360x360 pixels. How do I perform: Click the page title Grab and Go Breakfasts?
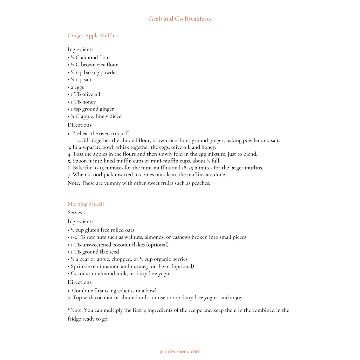pos(180,19)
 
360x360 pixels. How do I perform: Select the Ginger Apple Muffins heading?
pos(92,36)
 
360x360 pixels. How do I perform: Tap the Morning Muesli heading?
pos(86,204)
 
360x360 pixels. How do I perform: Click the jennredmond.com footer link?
pos(180,351)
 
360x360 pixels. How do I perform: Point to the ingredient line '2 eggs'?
pos(76,87)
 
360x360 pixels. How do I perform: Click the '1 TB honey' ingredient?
pos(82,102)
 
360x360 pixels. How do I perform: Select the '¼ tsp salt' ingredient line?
pos(80,80)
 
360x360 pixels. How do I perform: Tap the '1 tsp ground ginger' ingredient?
pos(91,109)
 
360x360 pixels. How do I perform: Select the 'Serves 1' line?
pos(76,212)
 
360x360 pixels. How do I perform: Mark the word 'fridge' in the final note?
pos(75,319)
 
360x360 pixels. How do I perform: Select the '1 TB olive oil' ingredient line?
pos(85,94)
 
